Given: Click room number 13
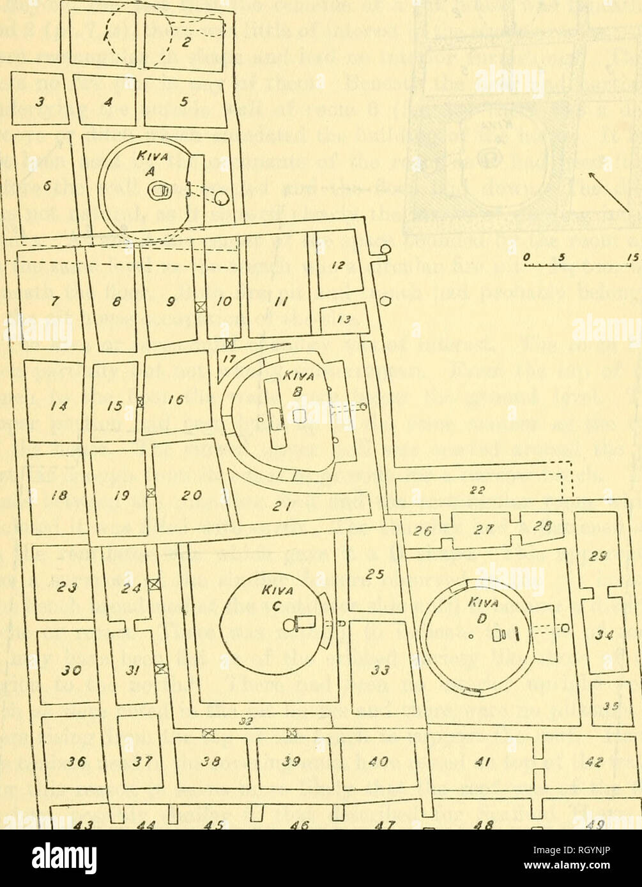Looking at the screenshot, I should point(343,318).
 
